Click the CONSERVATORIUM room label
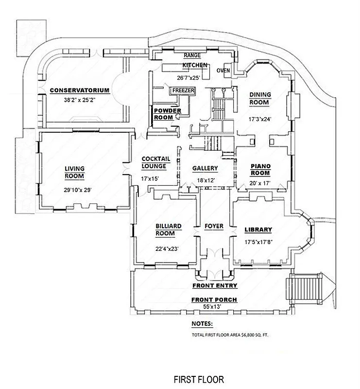click(80, 90)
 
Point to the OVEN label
click(223, 71)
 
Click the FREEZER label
click(183, 90)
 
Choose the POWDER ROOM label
click(168, 114)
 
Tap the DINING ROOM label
click(260, 98)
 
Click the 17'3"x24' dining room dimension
click(260, 118)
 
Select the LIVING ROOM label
click(74, 172)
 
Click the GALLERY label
click(205, 169)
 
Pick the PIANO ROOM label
click(260, 169)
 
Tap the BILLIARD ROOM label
click(168, 230)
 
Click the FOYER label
click(214, 226)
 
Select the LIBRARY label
click(258, 230)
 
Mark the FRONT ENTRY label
click(214, 285)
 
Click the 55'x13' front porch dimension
click(214, 307)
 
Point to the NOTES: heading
click(202, 323)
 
